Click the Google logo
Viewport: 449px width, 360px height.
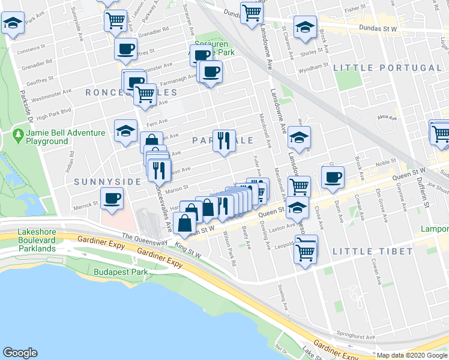(20, 353)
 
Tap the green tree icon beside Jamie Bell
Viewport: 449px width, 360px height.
(19, 136)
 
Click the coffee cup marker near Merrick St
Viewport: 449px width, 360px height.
(112, 199)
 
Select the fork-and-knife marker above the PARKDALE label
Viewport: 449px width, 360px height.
(224, 142)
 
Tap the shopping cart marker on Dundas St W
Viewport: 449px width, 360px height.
(252, 12)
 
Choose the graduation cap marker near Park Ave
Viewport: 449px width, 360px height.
(11, 24)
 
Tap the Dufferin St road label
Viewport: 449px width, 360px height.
(424, 190)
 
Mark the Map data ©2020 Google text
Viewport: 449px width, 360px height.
(412, 355)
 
